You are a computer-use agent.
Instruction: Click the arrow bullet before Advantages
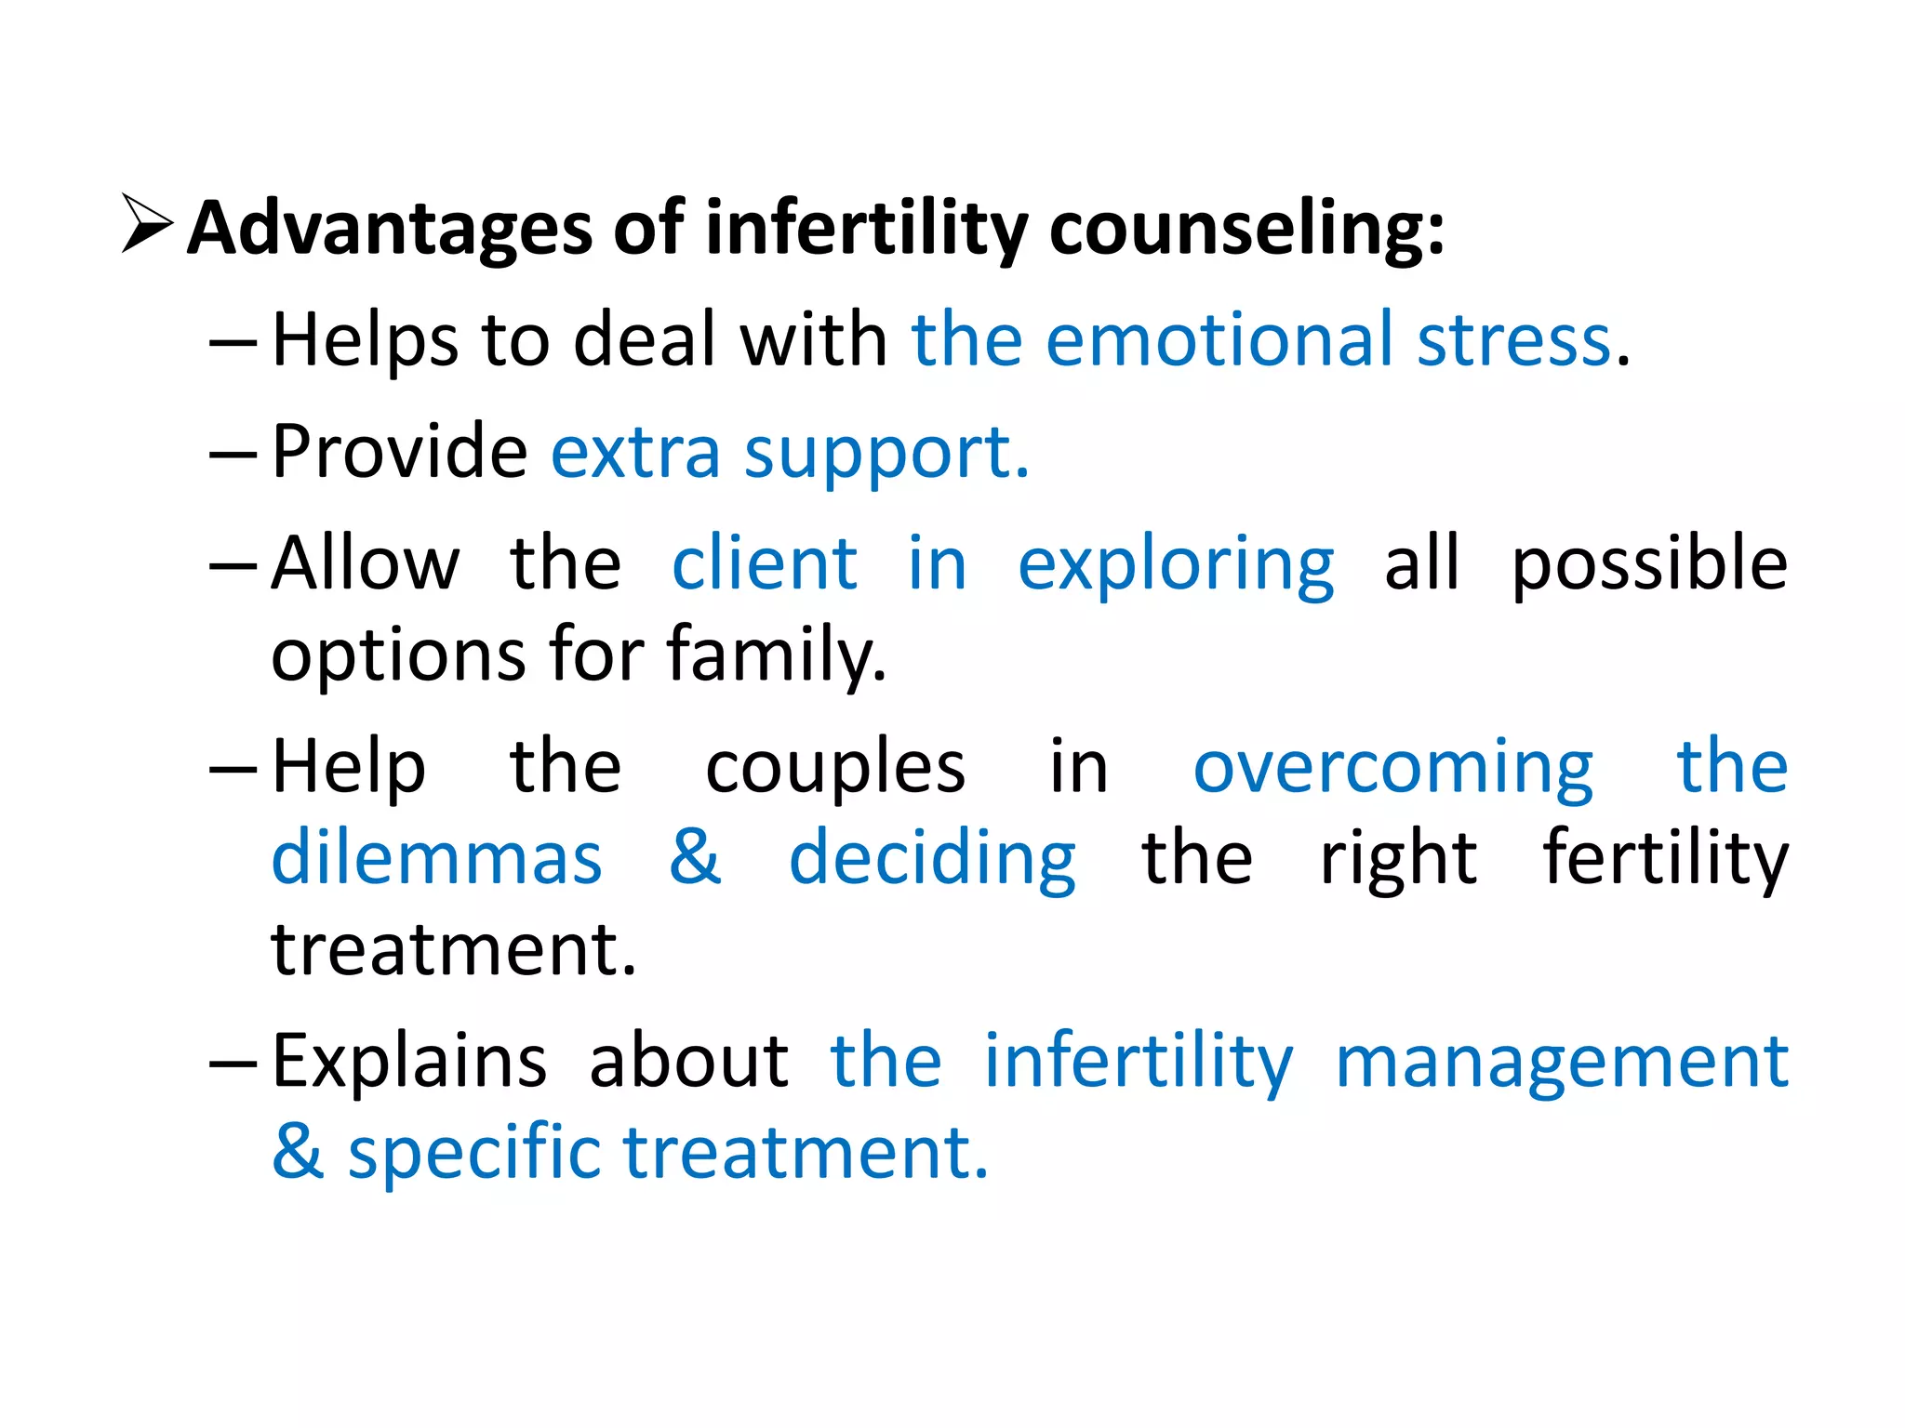147,224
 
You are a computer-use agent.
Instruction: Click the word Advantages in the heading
389,229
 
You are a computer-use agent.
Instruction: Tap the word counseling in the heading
1246,229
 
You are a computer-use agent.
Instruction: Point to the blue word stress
1513,340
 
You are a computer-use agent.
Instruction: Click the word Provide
400,452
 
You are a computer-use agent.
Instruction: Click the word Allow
366,563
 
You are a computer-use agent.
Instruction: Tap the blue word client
764,563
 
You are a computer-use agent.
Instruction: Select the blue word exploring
1176,567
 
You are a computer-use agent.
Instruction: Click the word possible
1649,565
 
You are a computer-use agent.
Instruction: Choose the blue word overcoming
1392,770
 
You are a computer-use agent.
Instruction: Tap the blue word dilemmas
436,857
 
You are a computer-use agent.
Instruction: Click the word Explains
409,1062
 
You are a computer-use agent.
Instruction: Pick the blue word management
1561,1064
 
